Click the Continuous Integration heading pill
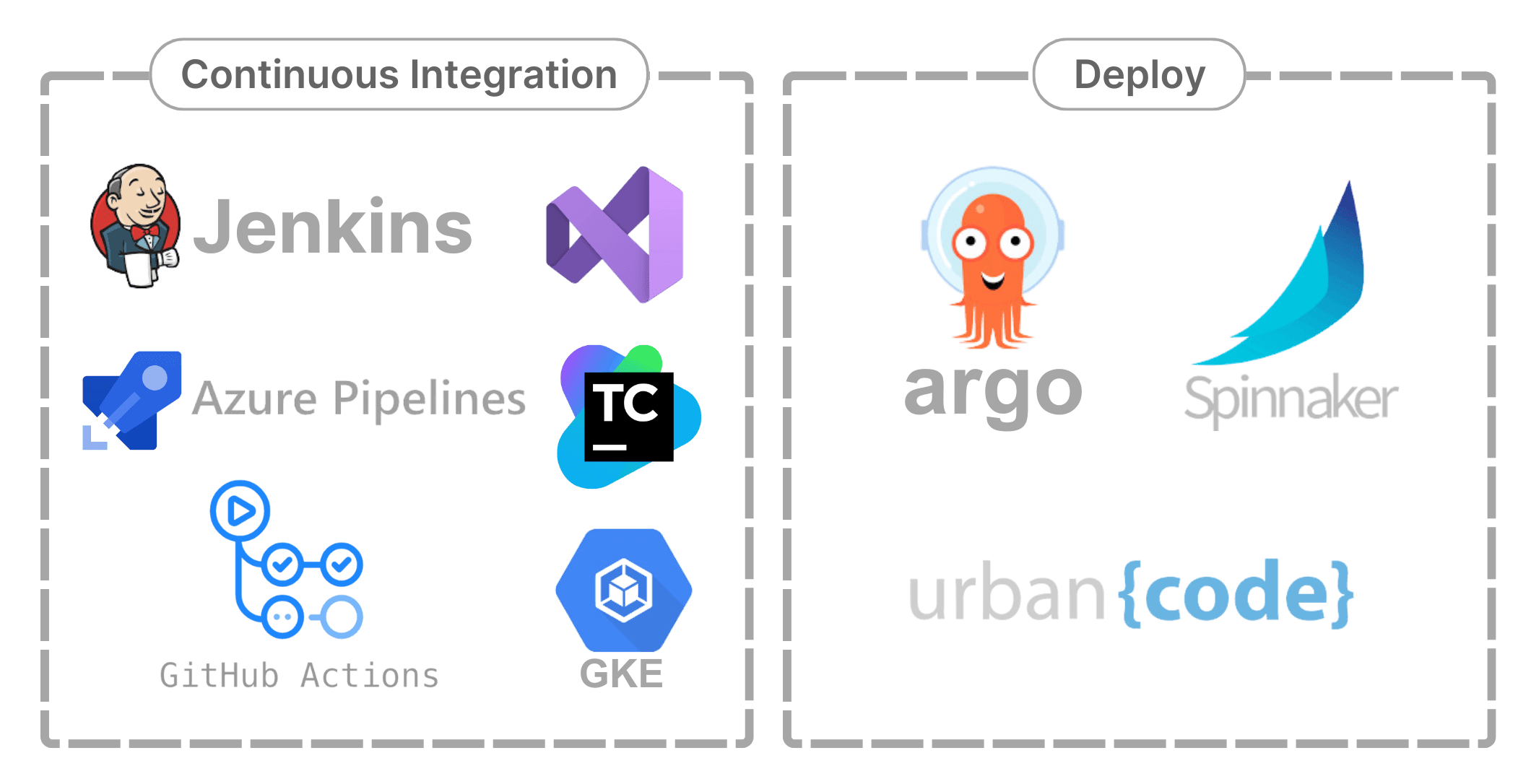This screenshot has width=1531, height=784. pos(399,74)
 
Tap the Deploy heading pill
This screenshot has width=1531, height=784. pos(1139,74)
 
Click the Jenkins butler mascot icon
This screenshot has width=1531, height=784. pos(135,225)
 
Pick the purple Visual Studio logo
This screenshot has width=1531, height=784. pos(615,235)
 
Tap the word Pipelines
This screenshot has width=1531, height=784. pos(429,399)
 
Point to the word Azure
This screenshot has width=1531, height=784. pos(254,399)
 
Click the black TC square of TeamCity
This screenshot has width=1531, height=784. pos(628,417)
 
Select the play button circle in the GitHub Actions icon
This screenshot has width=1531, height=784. pos(240,511)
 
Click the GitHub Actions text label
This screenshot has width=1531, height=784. pos(299,676)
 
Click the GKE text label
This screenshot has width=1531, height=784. pos(621,674)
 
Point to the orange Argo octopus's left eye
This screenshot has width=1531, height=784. pos(970,243)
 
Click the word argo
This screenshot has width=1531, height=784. pos(993,392)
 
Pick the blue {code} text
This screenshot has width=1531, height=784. pos(1236,594)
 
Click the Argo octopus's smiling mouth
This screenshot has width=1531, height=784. pos(993,279)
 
